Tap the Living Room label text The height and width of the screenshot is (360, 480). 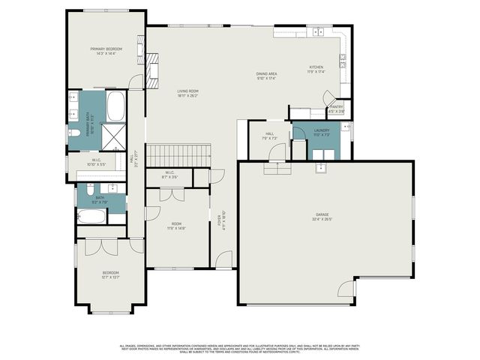pyautogui.click(x=177, y=91)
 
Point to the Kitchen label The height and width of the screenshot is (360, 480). pyautogui.click(x=316, y=67)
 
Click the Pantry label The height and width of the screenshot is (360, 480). pyautogui.click(x=337, y=106)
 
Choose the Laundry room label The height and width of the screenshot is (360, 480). pyautogui.click(x=322, y=130)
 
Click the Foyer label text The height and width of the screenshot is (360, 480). pyautogui.click(x=220, y=223)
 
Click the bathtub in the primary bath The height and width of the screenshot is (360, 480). pyautogui.click(x=115, y=106)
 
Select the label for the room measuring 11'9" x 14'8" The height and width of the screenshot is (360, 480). pyautogui.click(x=177, y=226)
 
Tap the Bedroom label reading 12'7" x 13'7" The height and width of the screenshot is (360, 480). pyautogui.click(x=110, y=274)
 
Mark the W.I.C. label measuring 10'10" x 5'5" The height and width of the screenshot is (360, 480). pyautogui.click(x=97, y=163)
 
